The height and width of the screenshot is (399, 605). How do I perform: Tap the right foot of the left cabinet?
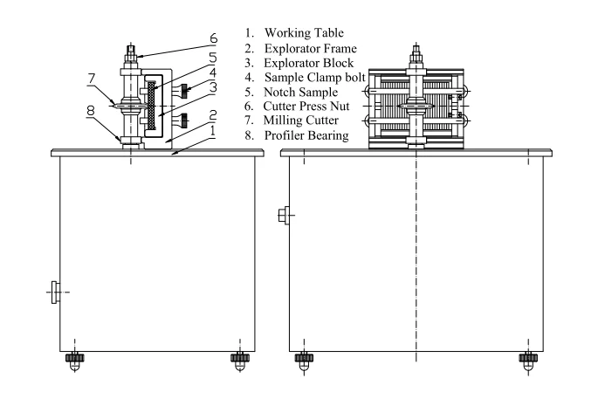(x=238, y=358)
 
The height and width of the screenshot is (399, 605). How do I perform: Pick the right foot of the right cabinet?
(x=526, y=358)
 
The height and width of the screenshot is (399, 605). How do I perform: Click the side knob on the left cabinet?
(x=55, y=291)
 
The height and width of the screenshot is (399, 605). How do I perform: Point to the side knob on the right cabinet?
(x=283, y=215)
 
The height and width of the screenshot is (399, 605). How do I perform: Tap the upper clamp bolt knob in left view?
(x=186, y=87)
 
